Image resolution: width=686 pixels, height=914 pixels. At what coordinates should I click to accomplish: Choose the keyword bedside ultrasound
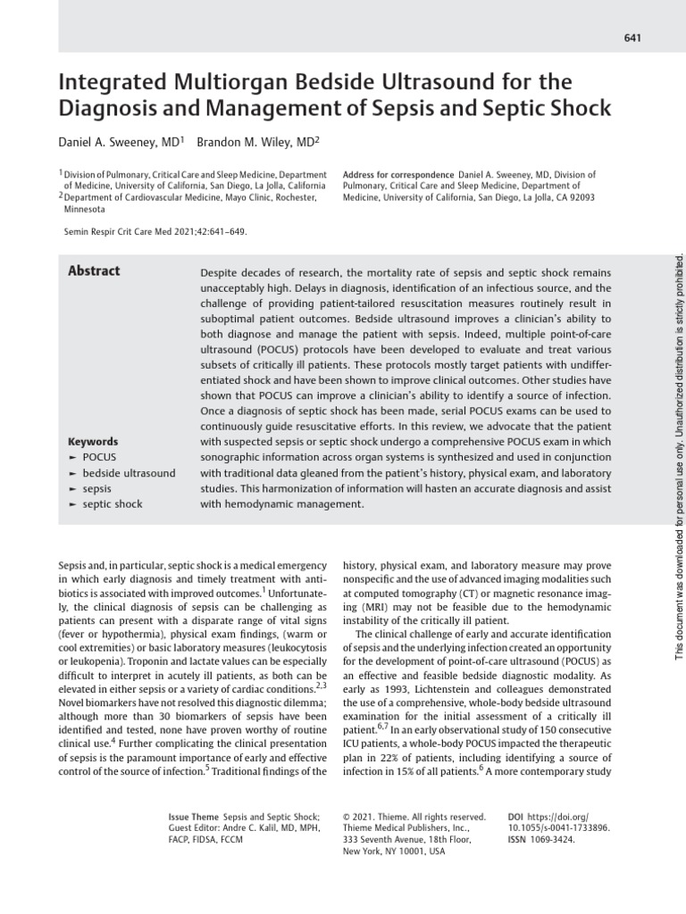click(x=129, y=472)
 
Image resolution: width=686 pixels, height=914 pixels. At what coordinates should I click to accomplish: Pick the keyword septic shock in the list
click(x=113, y=503)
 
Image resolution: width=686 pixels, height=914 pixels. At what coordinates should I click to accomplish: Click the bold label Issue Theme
click(x=193, y=816)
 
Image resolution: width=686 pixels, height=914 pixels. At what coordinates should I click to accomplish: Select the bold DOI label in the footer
click(x=515, y=816)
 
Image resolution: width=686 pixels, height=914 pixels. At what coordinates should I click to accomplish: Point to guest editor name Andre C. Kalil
click(x=263, y=827)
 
